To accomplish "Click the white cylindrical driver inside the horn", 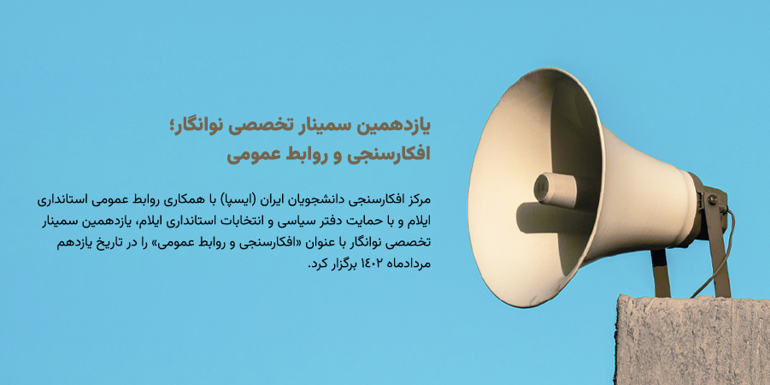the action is click(555, 190).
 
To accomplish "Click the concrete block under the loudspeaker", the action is click(692, 340).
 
